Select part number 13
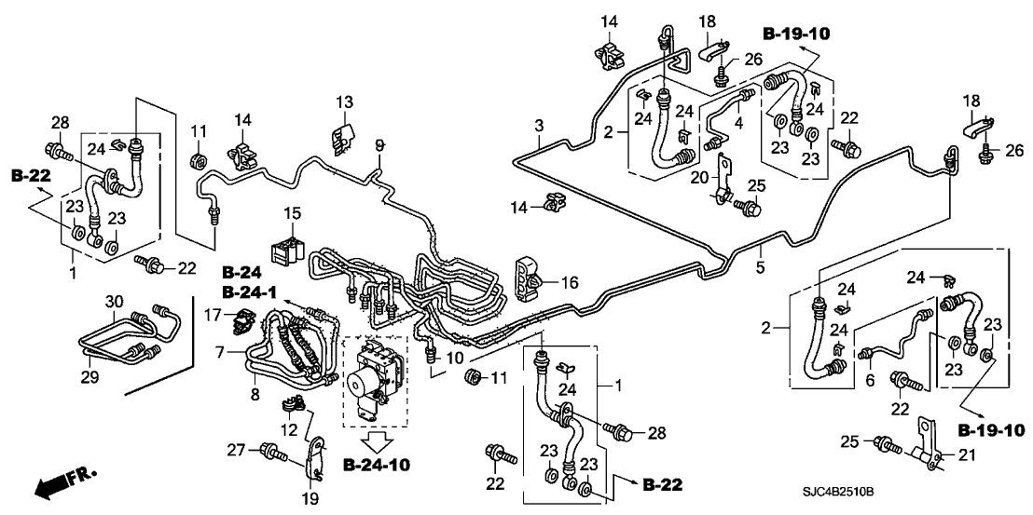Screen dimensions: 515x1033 [x=344, y=101]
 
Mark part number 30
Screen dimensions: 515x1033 [x=113, y=301]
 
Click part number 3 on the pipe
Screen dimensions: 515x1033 [x=538, y=126]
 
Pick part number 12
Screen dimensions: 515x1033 [x=291, y=430]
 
